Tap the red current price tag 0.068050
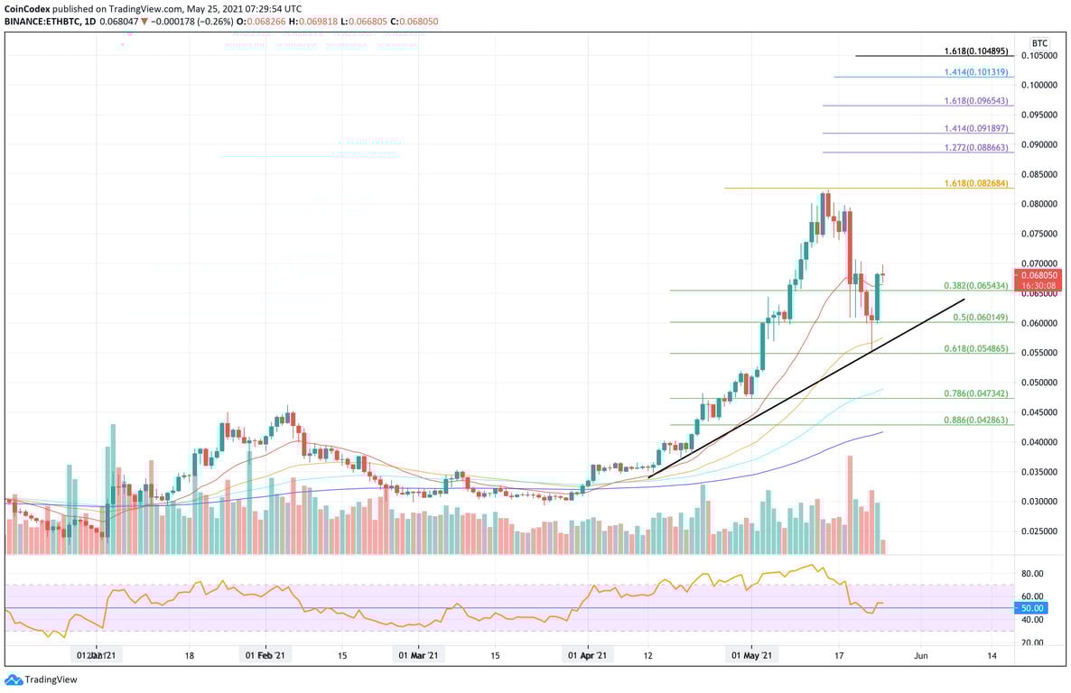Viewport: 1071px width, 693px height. pos(1040,274)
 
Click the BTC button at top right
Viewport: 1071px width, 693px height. pos(1039,42)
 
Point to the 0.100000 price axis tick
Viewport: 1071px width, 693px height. pos(1039,85)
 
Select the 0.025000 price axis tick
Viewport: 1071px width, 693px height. pos(1039,531)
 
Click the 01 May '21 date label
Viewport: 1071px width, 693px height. pos(751,656)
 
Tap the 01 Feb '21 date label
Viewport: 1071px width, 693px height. pos(265,656)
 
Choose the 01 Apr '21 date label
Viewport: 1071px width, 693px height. pos(588,656)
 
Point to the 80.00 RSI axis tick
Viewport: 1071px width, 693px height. pos(1032,574)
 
